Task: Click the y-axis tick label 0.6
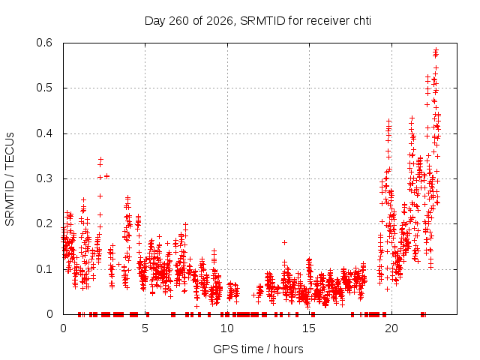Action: pos(44,43)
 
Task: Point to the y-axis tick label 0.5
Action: pos(44,88)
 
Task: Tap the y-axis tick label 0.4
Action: pos(44,133)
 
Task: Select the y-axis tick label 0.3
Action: pos(44,178)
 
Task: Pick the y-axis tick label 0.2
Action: pos(44,223)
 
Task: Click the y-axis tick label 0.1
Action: pos(44,269)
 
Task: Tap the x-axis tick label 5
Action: pos(145,328)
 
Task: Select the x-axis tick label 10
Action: pos(227,328)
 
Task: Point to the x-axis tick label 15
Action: pos(309,328)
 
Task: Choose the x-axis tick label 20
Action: pos(391,328)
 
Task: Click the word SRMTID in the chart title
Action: pos(262,21)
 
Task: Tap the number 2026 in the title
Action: pos(220,21)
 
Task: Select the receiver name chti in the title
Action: pos(362,21)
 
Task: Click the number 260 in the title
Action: pos(179,21)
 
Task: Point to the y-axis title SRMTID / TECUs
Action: pos(10,179)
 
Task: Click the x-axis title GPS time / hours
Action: pos(258,349)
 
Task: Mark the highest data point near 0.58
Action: pos(436,49)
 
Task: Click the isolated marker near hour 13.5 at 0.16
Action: pos(284,242)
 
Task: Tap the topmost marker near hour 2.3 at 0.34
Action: pos(100,159)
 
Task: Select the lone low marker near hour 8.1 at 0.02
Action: pos(196,306)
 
